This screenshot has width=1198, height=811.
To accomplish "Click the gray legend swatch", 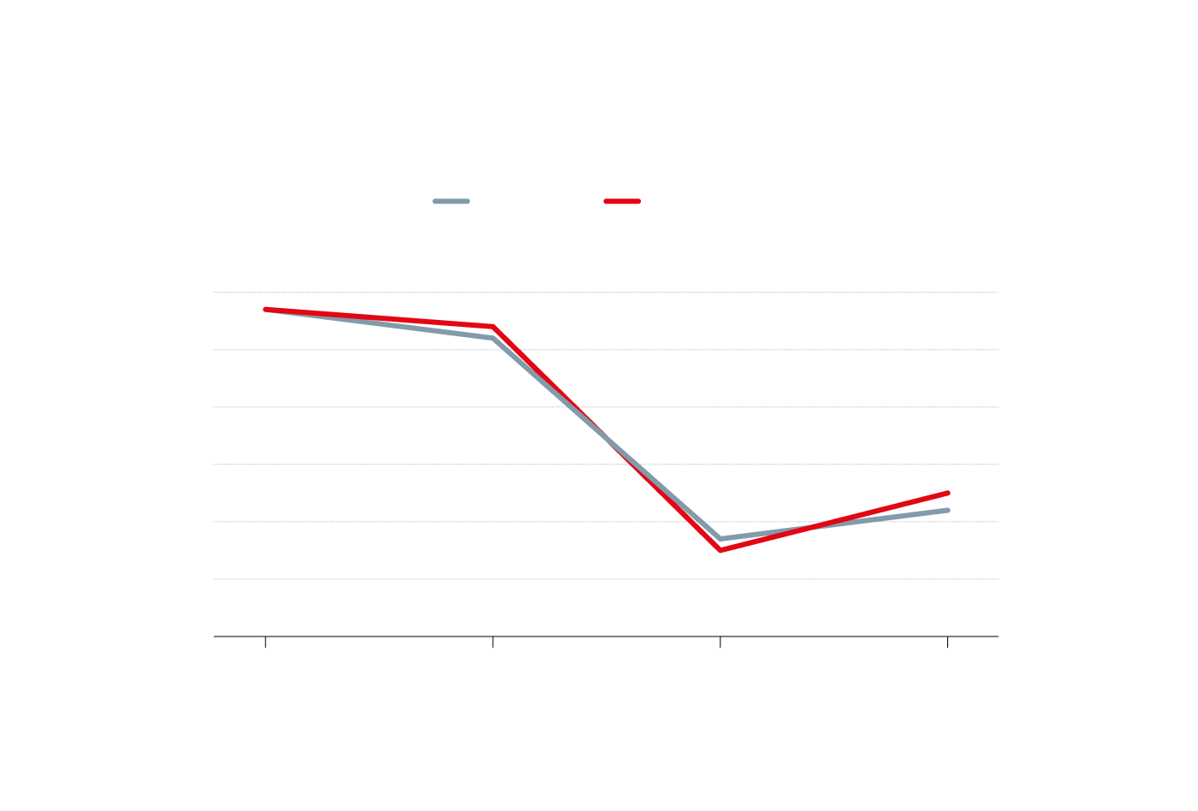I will coord(451,202).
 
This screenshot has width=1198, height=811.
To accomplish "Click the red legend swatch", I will coord(622,202).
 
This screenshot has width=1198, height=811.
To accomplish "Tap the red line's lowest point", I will coord(721,550).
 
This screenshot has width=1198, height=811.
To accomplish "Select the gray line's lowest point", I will coord(721,539).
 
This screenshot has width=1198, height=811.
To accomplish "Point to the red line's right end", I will coord(947,493).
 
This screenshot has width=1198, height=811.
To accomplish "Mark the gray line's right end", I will coord(947,510).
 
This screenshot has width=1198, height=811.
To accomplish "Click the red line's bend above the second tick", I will coord(493,327).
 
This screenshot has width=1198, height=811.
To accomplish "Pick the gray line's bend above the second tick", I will coord(493,338).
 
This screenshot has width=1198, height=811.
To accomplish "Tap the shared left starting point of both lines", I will coord(266,310).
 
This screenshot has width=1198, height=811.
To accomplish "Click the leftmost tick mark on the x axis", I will coord(265,642).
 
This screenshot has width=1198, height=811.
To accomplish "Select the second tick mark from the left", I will coord(493,642).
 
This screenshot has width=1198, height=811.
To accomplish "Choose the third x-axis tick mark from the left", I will coord(721,642).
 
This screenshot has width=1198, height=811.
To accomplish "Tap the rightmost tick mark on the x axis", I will coord(947,642).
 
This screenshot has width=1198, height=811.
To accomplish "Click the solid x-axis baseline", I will coord(599,636).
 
